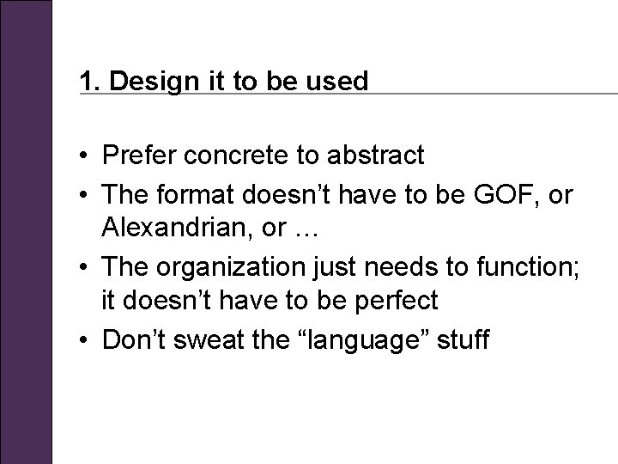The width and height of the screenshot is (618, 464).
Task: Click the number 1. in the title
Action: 88,82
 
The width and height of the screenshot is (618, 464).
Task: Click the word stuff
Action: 463,340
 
